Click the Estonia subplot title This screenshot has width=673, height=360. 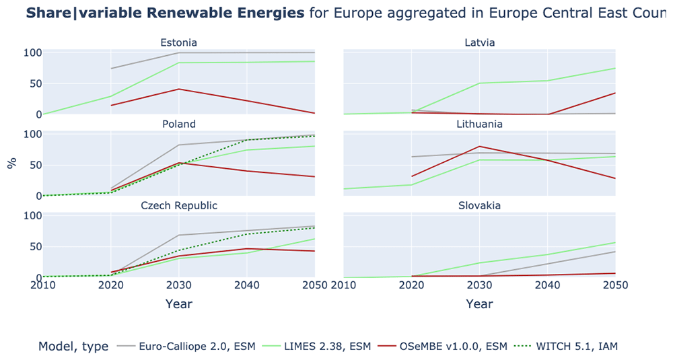tap(178, 42)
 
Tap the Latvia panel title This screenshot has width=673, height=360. tap(479, 42)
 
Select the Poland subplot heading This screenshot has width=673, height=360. tap(178, 124)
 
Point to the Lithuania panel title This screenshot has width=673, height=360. tap(479, 124)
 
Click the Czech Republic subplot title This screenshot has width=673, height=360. tap(179, 205)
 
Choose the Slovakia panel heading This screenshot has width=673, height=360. tap(479, 205)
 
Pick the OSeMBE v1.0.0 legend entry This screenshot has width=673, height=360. tap(443, 346)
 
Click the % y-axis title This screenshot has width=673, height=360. tap(12, 163)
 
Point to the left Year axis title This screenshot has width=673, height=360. tap(178, 303)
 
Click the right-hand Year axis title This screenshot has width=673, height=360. tap(479, 303)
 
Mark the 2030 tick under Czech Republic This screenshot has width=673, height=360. tap(178, 285)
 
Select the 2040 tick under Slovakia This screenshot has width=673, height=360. tap(547, 285)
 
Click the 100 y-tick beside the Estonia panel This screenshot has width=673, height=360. tap(32, 52)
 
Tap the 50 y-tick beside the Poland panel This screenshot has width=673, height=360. tap(36, 166)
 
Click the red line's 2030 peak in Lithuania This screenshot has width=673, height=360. tap(479, 146)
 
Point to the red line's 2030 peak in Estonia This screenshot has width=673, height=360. tap(178, 89)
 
